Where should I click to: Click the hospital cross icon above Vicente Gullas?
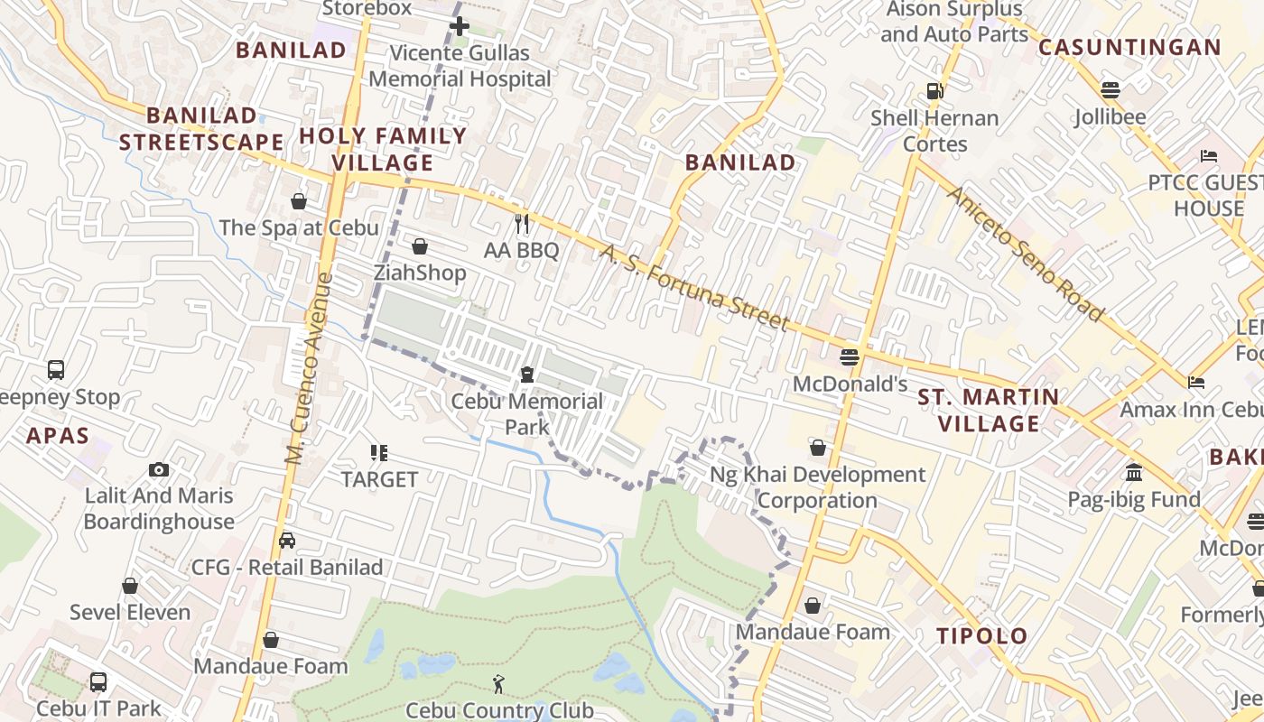[460, 26]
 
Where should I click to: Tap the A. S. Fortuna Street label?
[695, 288]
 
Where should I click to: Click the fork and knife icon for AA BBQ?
[521, 224]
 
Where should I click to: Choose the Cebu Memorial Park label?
[527, 412]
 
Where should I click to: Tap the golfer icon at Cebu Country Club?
[499, 685]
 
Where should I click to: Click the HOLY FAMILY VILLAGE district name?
[383, 150]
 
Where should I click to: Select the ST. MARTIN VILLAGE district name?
[989, 410]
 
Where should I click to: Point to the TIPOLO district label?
[982, 636]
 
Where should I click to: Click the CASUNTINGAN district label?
[1129, 48]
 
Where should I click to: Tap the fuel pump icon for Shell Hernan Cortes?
[934, 91]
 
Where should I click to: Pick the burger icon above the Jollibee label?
[1111, 90]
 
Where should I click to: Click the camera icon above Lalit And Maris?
[159, 469]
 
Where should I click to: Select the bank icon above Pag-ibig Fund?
[1134, 472]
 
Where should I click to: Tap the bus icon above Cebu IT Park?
[98, 682]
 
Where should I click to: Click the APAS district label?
[58, 437]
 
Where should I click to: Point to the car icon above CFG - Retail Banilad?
[287, 541]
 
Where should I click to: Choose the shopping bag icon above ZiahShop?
[420, 246]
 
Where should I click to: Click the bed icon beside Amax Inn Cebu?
[1196, 383]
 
